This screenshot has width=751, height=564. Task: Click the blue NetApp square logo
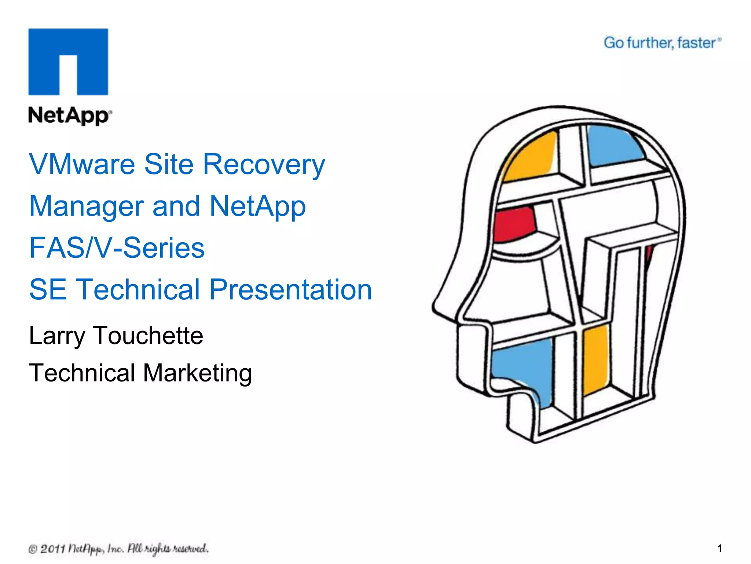point(68,62)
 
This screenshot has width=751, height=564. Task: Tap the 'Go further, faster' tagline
point(662,43)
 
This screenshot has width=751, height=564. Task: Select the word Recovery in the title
point(264,164)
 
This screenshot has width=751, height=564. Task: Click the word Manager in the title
point(86,206)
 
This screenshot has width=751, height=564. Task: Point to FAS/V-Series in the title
point(117,248)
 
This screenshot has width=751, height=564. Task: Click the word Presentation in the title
point(290,290)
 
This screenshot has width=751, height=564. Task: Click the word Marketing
point(197,373)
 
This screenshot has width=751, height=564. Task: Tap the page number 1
point(719,548)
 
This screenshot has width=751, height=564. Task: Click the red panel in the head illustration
point(513,224)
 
